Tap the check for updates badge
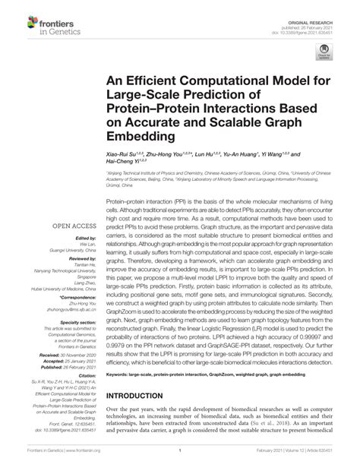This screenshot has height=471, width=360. click(324, 50)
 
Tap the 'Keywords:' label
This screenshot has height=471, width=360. click(120, 396)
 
